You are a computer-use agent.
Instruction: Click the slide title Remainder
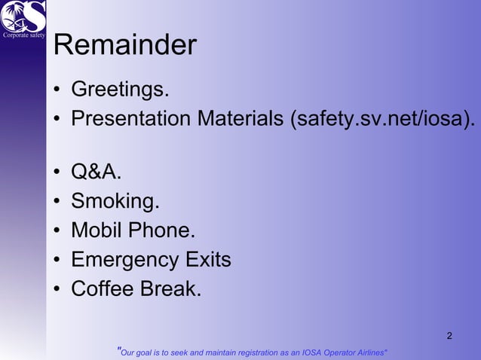point(125,46)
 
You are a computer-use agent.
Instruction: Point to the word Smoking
point(115,202)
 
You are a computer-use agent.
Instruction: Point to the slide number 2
point(450,335)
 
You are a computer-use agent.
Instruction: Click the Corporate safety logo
point(23,18)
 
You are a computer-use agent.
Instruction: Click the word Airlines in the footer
point(369,352)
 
